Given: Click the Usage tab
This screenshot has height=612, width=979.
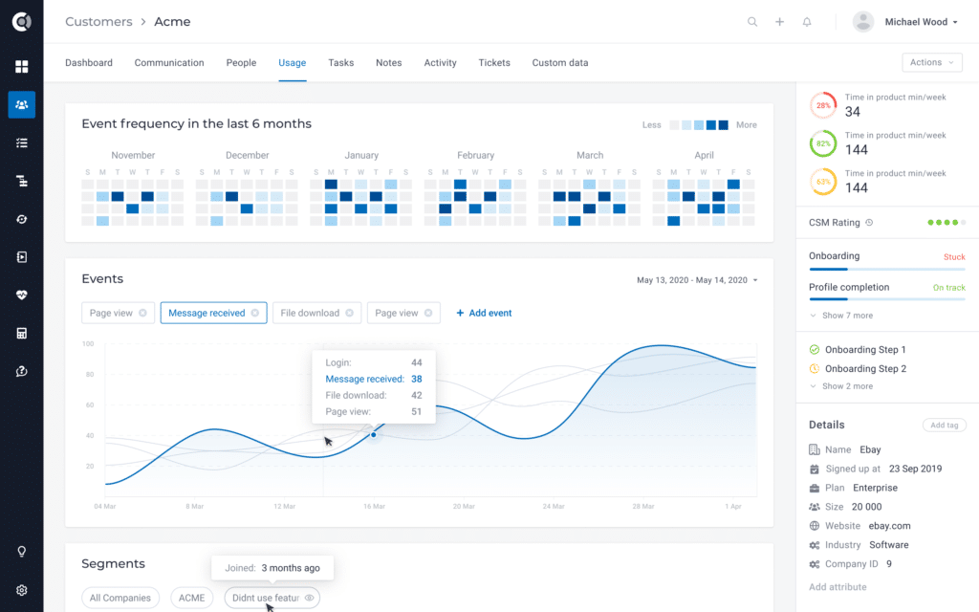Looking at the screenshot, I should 292,63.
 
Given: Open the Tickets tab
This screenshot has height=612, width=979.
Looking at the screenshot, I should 494,63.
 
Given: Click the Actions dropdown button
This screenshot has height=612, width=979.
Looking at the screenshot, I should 931,62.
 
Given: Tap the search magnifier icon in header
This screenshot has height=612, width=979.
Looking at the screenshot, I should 752,22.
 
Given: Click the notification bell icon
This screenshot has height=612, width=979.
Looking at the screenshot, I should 807,22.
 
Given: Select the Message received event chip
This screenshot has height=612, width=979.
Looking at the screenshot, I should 213,313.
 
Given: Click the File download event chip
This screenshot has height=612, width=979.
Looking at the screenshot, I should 315,313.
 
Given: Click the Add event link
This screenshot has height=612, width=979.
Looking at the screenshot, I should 484,313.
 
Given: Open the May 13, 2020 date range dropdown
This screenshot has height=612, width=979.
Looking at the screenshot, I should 697,280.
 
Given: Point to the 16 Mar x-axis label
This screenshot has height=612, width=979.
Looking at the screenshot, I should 373,506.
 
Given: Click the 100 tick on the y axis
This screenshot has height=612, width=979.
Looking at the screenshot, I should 87,343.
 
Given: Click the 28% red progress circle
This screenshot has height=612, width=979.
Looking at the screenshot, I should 822,105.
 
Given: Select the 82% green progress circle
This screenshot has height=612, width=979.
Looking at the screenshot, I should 822,143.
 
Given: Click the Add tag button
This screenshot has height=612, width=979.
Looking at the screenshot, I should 944,426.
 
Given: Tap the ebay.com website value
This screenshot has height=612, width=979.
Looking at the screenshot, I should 889,526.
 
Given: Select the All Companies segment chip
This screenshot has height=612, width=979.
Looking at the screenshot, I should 120,598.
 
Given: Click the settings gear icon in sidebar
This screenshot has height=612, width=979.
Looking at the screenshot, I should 22,590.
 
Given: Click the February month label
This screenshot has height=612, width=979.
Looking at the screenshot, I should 475,155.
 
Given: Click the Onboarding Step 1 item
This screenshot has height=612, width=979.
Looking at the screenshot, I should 865,350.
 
